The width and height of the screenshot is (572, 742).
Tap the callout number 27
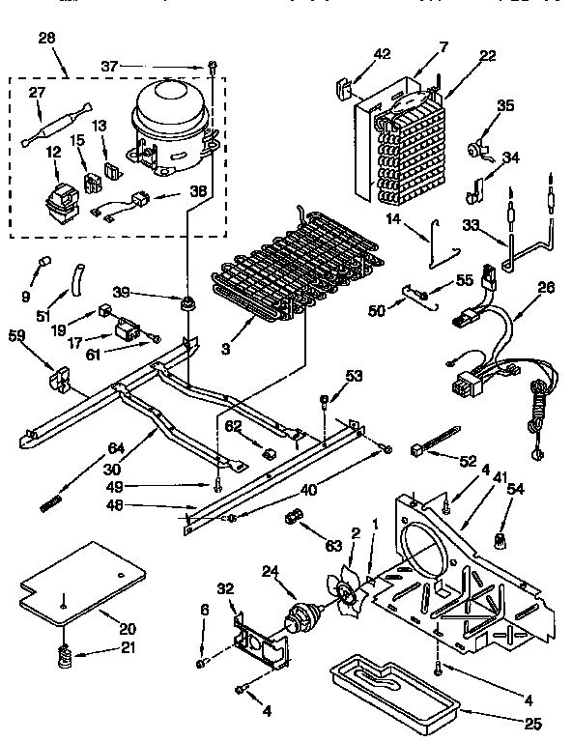pos(38,94)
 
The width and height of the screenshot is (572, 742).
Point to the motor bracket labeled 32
pos(258,643)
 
